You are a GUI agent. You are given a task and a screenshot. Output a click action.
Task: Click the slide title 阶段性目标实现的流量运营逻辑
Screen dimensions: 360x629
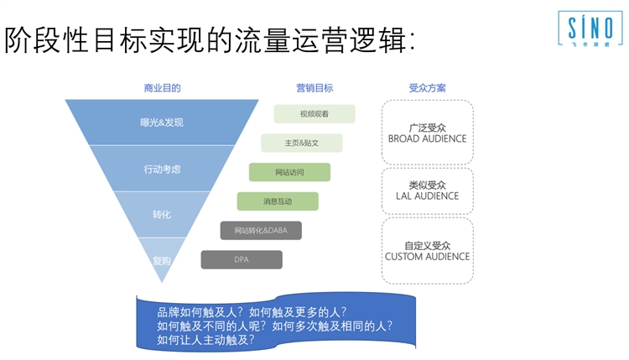[210, 40]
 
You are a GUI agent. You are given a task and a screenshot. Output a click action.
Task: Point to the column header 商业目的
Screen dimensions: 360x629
[162, 88]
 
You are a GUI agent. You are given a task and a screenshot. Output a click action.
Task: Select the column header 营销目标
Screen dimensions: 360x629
[314, 88]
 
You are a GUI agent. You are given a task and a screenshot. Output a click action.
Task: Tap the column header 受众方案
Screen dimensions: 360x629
[427, 88]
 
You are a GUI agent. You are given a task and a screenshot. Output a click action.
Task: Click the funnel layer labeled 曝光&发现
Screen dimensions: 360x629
[162, 123]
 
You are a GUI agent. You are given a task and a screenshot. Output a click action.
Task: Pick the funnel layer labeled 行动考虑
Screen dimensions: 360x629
[162, 169]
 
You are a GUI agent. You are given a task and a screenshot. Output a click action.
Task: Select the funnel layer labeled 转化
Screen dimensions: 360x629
[162, 215]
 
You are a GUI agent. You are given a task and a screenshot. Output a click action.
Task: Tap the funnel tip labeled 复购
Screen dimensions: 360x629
[162, 260]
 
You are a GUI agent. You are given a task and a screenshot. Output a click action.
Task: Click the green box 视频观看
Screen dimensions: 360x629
[314, 113]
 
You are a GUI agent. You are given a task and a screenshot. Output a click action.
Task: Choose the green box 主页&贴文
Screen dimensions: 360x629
[302, 143]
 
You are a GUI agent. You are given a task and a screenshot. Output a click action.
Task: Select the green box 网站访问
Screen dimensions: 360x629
[289, 172]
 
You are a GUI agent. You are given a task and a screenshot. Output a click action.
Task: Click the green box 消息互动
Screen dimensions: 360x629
[278, 201]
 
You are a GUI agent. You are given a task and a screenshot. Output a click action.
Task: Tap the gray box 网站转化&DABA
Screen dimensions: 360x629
[261, 230]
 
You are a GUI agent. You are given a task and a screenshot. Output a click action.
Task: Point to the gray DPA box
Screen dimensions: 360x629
[242, 259]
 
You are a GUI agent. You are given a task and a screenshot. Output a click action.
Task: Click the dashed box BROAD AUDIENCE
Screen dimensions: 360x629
[427, 132]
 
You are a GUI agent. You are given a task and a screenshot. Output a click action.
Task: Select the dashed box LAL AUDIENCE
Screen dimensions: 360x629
[427, 190]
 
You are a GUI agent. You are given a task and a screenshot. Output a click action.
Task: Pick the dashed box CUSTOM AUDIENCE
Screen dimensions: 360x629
[427, 250]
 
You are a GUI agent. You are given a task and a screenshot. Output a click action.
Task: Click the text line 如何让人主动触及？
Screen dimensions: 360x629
[205, 340]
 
